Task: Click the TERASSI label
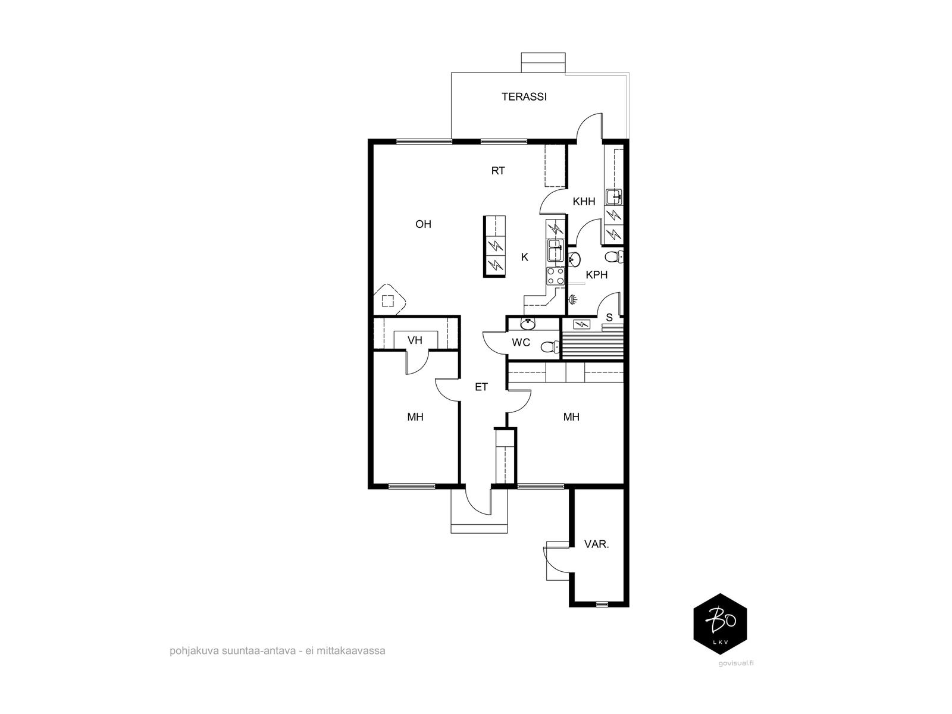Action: coord(524,96)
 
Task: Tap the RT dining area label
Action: coord(498,171)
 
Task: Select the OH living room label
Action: coord(423,224)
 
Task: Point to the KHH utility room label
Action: coord(584,201)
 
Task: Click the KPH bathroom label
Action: coord(596,275)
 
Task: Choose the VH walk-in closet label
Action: coord(415,340)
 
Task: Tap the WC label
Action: coord(521,343)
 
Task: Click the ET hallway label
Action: coord(481,387)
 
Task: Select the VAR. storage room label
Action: coord(596,544)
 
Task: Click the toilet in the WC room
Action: coord(550,347)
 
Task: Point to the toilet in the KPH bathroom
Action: coord(614,256)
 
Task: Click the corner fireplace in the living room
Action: coord(389,299)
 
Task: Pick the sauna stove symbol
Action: coord(581,324)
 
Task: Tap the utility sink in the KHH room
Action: coord(613,198)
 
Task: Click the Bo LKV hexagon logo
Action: coord(720,624)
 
